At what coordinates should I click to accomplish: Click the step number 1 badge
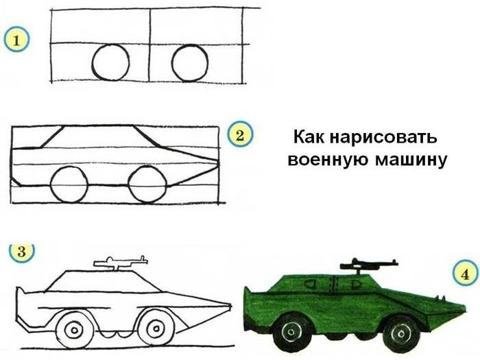pyautogui.click(x=16, y=40)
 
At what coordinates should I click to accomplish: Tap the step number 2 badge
pyautogui.click(x=240, y=134)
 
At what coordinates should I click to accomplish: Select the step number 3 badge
pyautogui.click(x=21, y=252)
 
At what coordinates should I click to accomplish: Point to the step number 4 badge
pyautogui.click(x=466, y=274)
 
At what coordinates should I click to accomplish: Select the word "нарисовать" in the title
pyautogui.click(x=383, y=137)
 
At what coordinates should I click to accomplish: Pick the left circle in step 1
pyautogui.click(x=110, y=45)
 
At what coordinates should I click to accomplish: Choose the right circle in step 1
pyautogui.click(x=190, y=45)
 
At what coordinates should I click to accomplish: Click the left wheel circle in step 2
pyautogui.click(x=69, y=167)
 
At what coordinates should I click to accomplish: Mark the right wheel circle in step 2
pyautogui.click(x=147, y=167)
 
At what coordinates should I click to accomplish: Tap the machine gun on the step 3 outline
pyautogui.click(x=121, y=263)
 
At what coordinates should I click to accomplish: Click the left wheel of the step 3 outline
pyautogui.click(x=74, y=330)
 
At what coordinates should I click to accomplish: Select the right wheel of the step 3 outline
pyautogui.click(x=156, y=329)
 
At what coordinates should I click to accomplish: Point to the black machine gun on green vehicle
pyautogui.click(x=369, y=265)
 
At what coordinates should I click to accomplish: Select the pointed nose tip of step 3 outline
pyautogui.click(x=230, y=305)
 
